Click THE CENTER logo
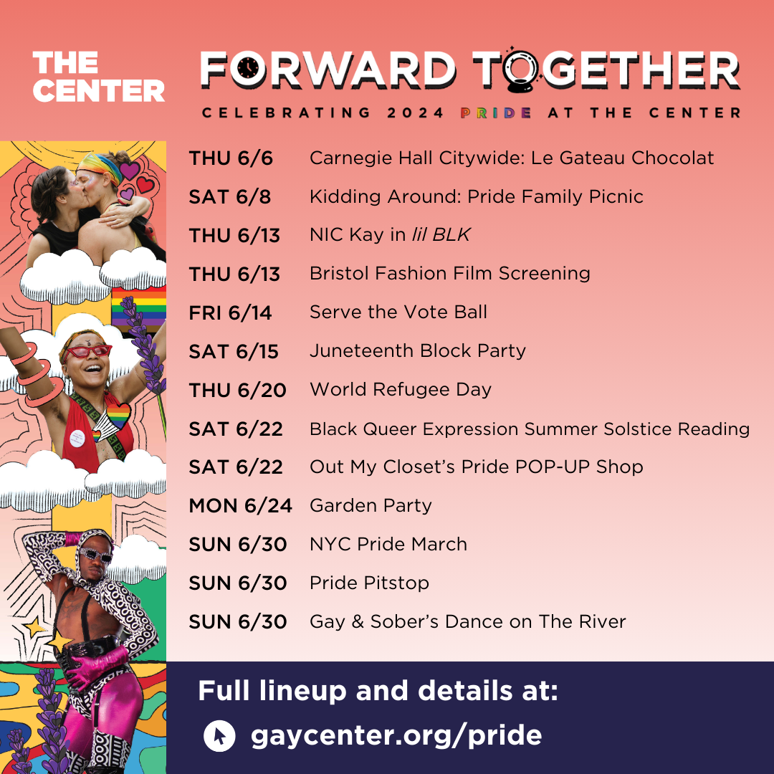[99, 77]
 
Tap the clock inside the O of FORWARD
[249, 69]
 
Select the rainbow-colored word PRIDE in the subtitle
[496, 113]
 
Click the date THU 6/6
[231, 158]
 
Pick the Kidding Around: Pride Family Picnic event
[477, 196]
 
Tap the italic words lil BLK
[441, 234]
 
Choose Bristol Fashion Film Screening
[449, 274]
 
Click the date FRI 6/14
[230, 313]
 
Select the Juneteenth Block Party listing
[418, 351]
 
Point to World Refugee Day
[401, 389]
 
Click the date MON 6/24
[240, 506]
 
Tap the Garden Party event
[371, 506]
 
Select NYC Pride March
[388, 544]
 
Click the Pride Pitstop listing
[369, 583]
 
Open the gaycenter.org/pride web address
[396, 735]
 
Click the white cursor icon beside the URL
[219, 735]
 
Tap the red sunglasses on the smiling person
[87, 351]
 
